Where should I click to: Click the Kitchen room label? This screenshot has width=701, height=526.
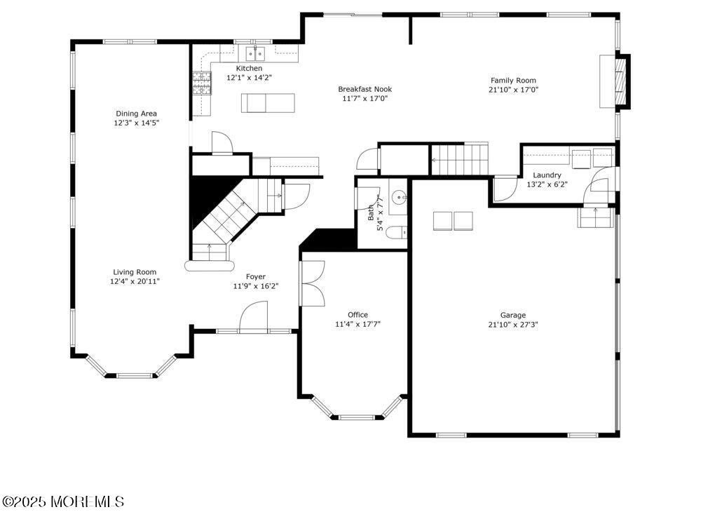(249, 68)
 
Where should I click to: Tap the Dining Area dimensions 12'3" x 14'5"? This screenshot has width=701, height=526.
(136, 123)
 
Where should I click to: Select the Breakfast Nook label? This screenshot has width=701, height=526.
(365, 89)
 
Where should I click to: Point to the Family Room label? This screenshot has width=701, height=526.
(513, 81)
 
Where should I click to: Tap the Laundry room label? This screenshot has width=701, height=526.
(547, 175)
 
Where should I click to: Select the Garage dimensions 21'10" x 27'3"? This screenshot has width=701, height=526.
(513, 325)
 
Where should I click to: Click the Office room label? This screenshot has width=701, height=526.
(358, 315)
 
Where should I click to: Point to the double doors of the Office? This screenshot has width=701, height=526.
(313, 283)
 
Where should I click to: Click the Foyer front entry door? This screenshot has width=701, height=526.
(254, 317)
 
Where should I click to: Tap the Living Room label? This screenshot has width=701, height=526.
(135, 272)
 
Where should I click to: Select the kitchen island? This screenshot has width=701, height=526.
(268, 103)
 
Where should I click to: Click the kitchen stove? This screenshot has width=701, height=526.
(202, 83)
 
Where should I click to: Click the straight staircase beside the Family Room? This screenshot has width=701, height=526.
(459, 159)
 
